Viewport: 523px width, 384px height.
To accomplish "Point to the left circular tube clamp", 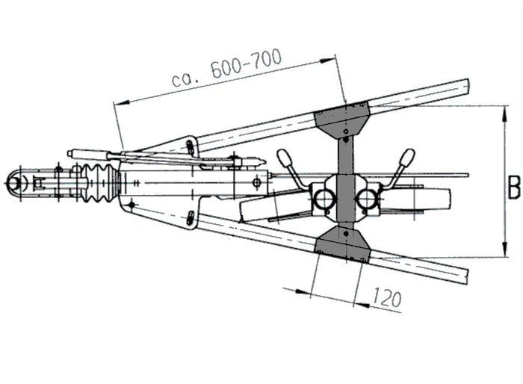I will tap(324, 199).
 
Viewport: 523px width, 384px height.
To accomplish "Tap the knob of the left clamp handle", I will tap(285, 158).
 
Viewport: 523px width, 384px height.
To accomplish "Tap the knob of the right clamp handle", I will tap(406, 158).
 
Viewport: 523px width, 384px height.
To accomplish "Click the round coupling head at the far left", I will tap(16, 182).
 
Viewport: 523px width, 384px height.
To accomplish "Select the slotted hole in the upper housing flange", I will tap(191, 143).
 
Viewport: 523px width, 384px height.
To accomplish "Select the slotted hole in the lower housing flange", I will tap(192, 217).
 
